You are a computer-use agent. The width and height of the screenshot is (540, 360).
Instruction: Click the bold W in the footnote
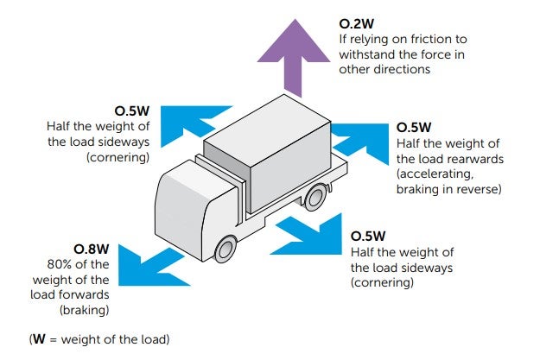38,339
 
